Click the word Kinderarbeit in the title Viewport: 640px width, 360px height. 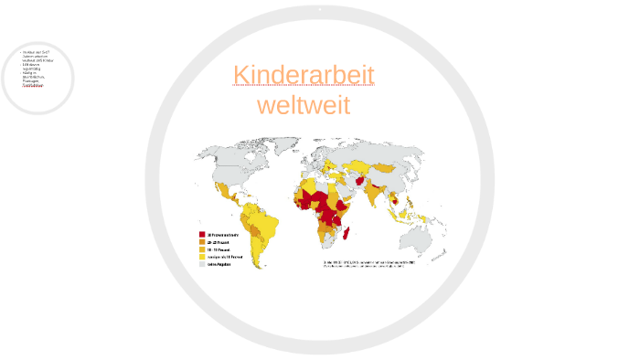[x=304, y=75]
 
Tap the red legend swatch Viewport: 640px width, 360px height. [x=202, y=235]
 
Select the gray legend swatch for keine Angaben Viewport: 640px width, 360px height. [x=202, y=264]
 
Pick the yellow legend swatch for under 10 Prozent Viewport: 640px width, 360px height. [x=202, y=257]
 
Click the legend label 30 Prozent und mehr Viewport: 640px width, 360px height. [x=223, y=235]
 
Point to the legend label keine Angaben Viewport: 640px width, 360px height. [x=219, y=264]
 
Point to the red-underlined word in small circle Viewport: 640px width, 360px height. [x=32, y=85]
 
